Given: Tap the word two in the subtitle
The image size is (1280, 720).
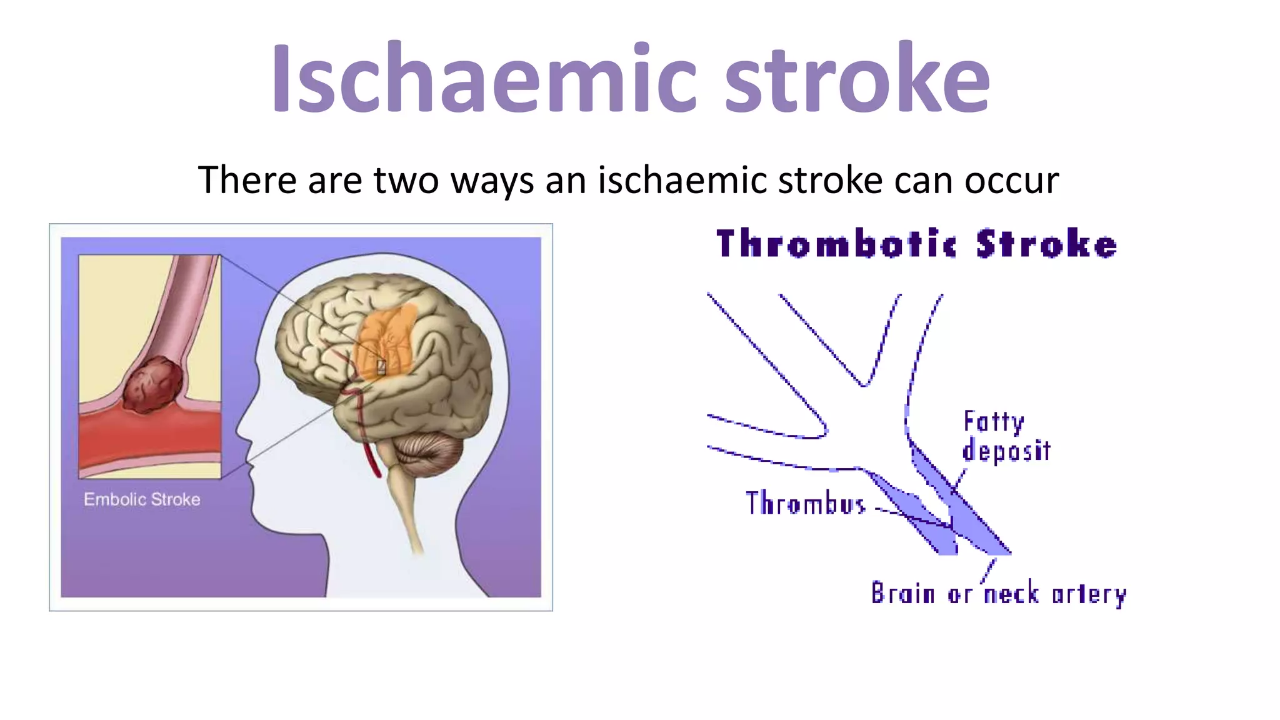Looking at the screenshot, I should (x=407, y=181).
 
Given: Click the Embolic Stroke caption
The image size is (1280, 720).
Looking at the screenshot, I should (x=142, y=499).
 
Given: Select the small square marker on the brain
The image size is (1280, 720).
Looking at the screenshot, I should (x=381, y=366).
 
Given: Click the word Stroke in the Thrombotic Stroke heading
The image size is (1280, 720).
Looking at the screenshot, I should (x=1047, y=244).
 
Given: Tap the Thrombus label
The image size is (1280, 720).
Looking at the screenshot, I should (x=806, y=503).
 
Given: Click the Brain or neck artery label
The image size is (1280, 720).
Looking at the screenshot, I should (x=998, y=594).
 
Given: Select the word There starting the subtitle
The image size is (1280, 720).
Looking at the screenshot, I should (x=247, y=181).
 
